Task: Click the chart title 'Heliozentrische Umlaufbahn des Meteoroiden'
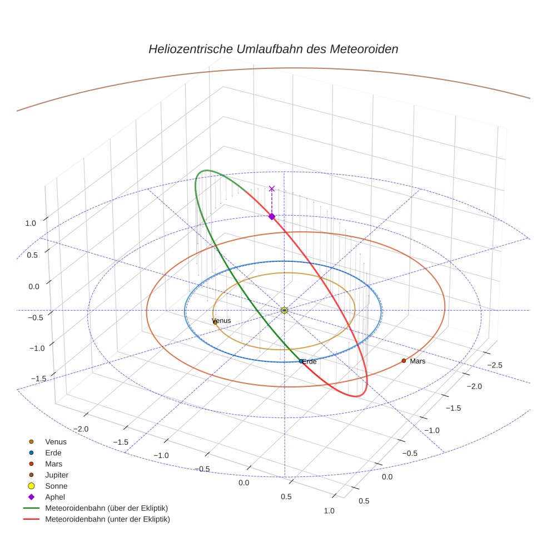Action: click(x=273, y=49)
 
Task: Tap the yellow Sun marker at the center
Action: click(x=284, y=310)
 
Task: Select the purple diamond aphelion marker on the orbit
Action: click(x=272, y=216)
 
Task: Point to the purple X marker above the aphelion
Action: click(x=272, y=189)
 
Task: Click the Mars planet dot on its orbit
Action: click(x=404, y=361)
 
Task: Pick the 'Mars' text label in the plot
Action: click(x=417, y=361)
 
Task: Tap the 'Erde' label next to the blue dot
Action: click(x=310, y=362)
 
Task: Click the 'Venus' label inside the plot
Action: click(x=222, y=321)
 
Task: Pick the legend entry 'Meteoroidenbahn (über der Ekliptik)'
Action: click(x=106, y=508)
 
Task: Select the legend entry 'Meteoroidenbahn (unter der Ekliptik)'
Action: click(x=107, y=519)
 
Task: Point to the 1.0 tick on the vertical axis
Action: click(x=30, y=223)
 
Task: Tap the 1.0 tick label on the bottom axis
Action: click(x=329, y=510)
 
